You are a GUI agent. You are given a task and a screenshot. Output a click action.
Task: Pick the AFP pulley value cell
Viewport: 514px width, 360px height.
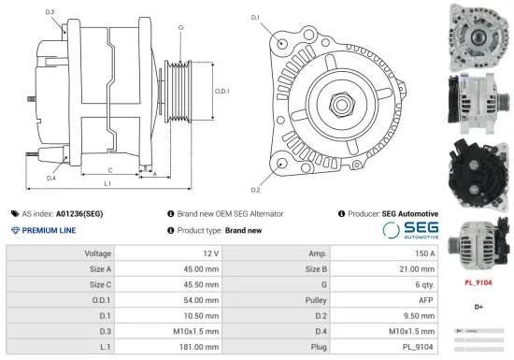[x=426, y=300]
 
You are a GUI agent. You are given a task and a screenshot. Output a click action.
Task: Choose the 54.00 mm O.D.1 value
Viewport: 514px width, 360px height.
[x=201, y=300]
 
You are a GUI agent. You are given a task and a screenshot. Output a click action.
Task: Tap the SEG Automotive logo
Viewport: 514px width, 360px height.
[x=409, y=231]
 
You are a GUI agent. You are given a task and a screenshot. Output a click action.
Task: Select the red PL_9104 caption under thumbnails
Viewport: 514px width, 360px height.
[x=478, y=281]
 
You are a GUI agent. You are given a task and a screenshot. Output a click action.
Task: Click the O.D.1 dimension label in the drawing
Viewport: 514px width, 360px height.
[x=222, y=91]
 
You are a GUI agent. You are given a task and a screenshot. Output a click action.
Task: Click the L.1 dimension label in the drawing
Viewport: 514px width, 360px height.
[x=107, y=183]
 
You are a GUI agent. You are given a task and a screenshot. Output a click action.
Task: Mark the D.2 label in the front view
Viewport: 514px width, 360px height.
[x=255, y=165]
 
